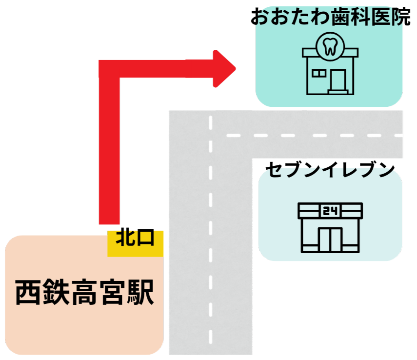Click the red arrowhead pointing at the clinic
pyautogui.click(x=225, y=69)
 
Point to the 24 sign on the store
pyautogui.click(x=330, y=211)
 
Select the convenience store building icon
pyautogui.click(x=330, y=228)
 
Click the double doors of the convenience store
pyautogui.click(x=330, y=238)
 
